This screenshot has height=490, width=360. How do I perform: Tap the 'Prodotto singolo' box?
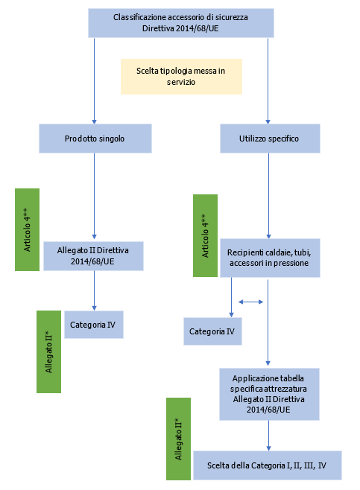click(x=95, y=139)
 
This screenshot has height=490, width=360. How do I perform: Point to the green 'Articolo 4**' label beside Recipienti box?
click(x=205, y=236)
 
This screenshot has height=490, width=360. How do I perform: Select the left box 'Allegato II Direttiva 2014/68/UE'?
click(x=94, y=256)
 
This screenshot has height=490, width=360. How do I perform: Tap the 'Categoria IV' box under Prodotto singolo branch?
click(x=94, y=325)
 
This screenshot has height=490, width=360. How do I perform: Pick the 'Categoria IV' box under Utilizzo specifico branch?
click(x=213, y=331)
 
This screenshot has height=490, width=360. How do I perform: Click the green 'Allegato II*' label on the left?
click(x=48, y=351)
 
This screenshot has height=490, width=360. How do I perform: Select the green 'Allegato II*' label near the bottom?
click(x=178, y=439)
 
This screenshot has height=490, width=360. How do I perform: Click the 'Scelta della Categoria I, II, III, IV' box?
click(x=267, y=465)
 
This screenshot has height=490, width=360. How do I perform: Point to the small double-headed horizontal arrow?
click(x=250, y=302)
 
